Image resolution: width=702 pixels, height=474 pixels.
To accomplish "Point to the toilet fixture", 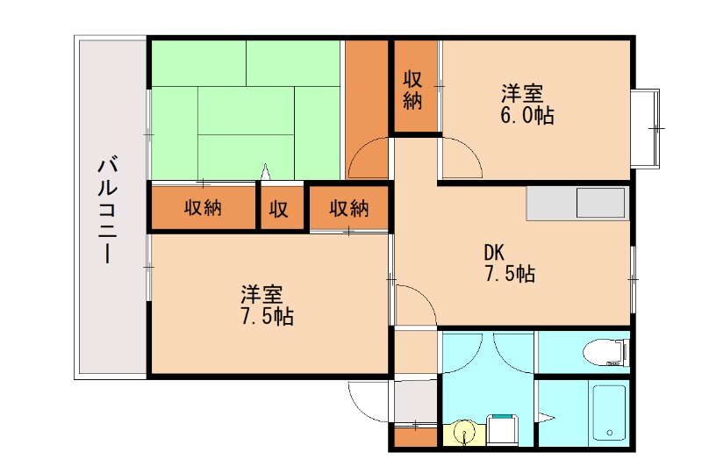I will click(605, 352).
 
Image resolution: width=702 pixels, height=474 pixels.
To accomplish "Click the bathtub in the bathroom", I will click(608, 412).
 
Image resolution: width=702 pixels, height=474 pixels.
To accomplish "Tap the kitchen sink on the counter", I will click(600, 204).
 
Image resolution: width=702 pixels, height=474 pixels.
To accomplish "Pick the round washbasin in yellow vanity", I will click(466, 432).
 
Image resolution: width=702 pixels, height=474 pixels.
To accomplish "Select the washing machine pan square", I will click(503, 430).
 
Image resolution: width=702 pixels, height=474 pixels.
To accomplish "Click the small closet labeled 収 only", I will click(279, 209).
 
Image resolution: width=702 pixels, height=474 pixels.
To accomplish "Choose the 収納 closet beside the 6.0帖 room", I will click(414, 90).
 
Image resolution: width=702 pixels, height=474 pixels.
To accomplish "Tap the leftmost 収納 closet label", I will click(203, 209).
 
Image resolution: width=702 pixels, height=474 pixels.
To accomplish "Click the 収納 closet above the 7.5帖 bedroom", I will click(348, 209).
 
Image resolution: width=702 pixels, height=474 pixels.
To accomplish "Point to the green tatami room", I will click(244, 110).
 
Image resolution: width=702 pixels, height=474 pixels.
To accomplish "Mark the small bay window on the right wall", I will click(648, 128).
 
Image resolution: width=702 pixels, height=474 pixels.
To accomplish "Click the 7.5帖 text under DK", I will click(509, 274).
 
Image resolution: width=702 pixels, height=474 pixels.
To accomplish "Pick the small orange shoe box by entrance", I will click(414, 435).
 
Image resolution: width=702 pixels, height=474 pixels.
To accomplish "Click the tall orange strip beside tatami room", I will click(365, 97).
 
